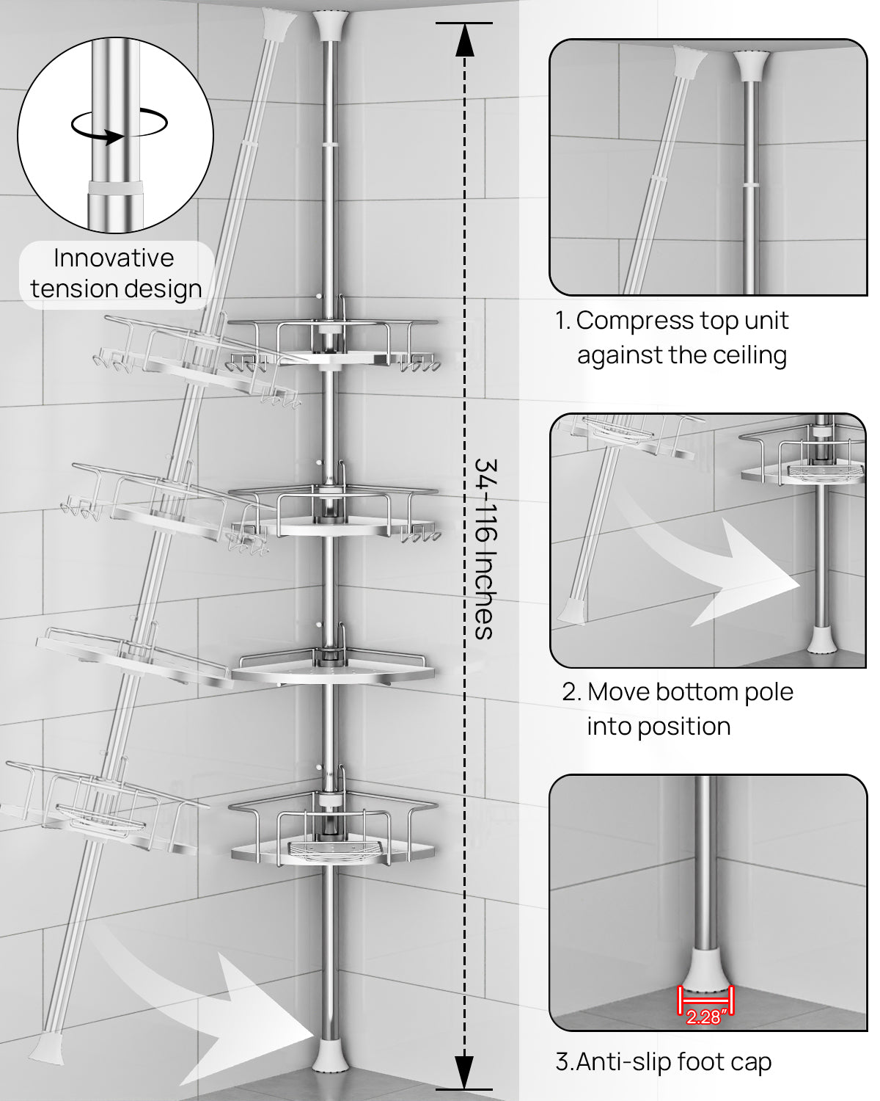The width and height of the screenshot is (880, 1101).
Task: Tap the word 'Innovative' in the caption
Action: coord(114,258)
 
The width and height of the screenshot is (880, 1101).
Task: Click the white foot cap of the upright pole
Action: coord(331,1054)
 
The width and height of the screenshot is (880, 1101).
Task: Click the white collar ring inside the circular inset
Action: coord(115,187)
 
